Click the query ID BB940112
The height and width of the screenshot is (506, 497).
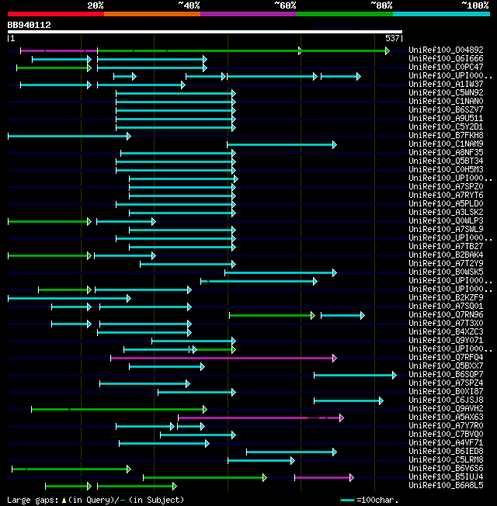30,25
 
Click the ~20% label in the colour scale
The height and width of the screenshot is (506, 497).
95,5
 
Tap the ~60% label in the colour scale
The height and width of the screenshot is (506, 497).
285,5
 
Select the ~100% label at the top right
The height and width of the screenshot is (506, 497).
474,5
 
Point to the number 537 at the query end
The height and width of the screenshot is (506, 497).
392,37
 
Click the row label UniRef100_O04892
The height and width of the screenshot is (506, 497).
446,50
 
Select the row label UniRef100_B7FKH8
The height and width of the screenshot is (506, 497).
446,136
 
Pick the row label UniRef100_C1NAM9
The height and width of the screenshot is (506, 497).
446,144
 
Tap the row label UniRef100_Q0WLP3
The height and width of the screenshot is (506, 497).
446,221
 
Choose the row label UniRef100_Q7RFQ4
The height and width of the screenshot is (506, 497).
446,358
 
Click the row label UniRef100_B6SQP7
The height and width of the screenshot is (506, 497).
446,375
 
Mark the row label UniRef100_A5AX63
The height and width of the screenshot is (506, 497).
446,418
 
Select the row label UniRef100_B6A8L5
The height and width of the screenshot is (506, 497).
446,486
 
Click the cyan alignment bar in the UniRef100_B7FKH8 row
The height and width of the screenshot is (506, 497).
68,136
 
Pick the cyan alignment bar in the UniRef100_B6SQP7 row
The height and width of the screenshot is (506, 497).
354,375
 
